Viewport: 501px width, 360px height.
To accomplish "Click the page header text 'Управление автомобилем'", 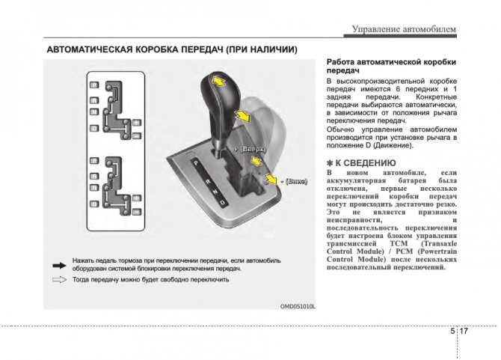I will point(403,29).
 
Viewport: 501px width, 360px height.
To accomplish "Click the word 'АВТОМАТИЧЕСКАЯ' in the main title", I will point(91,49).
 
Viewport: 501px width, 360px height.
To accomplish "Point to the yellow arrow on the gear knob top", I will point(217,82).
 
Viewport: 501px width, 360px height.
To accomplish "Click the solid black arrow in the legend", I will point(58,263).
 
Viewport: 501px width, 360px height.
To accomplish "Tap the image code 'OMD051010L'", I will point(298,306).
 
